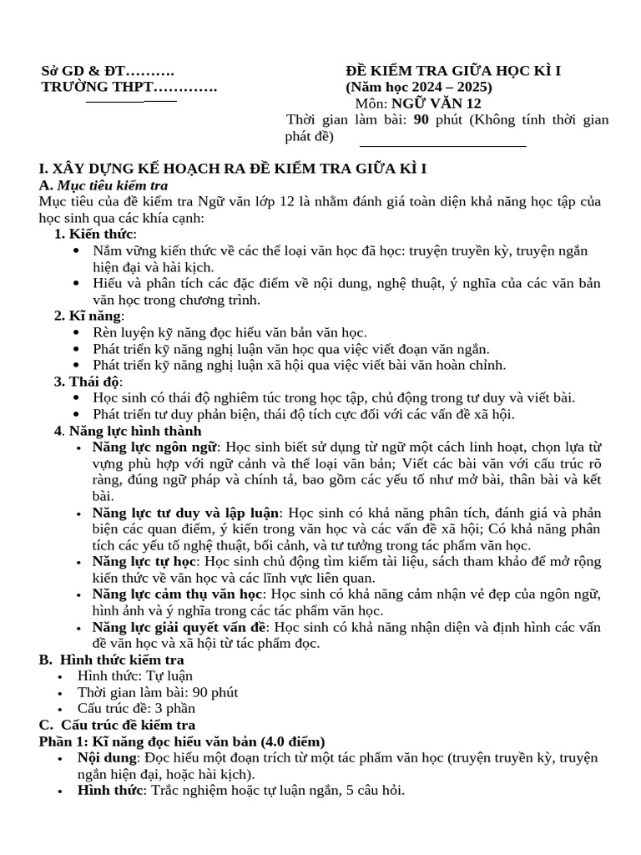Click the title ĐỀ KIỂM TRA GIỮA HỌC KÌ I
tap(453, 71)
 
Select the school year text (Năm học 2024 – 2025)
tap(419, 87)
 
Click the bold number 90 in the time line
tap(421, 120)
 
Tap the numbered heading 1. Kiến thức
tap(95, 233)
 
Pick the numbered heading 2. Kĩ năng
tap(89, 316)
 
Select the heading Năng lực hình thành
tap(133, 431)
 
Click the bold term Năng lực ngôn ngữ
tap(154, 447)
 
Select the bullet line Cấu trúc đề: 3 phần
tap(136, 709)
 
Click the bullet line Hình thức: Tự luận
tap(134, 676)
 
